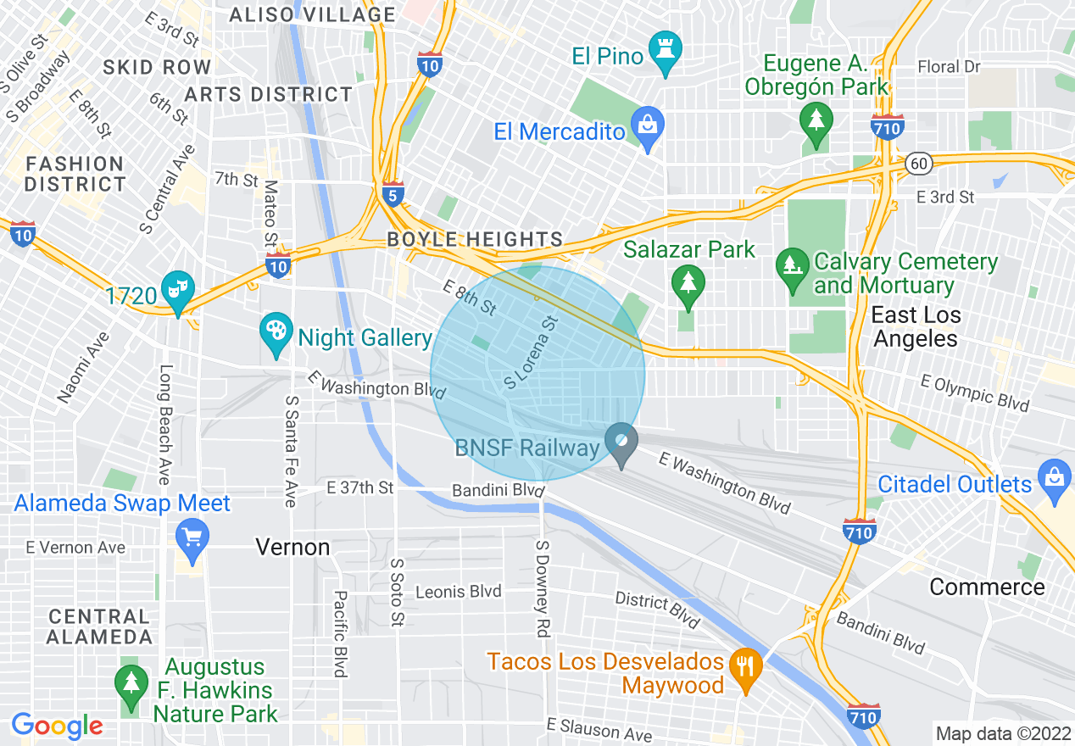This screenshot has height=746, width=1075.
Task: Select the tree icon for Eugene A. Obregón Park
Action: point(816,124)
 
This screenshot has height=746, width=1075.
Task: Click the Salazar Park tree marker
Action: point(688,283)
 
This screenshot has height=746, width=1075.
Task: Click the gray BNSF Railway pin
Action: point(623,443)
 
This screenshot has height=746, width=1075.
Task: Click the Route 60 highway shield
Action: point(918,164)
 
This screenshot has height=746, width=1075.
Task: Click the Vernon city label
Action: point(293,548)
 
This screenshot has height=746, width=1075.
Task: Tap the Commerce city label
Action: point(987,587)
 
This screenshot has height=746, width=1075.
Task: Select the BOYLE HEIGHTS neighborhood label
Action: point(475,240)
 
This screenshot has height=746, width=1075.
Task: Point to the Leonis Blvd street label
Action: point(459,592)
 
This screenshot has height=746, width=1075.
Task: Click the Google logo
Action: point(57,726)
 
